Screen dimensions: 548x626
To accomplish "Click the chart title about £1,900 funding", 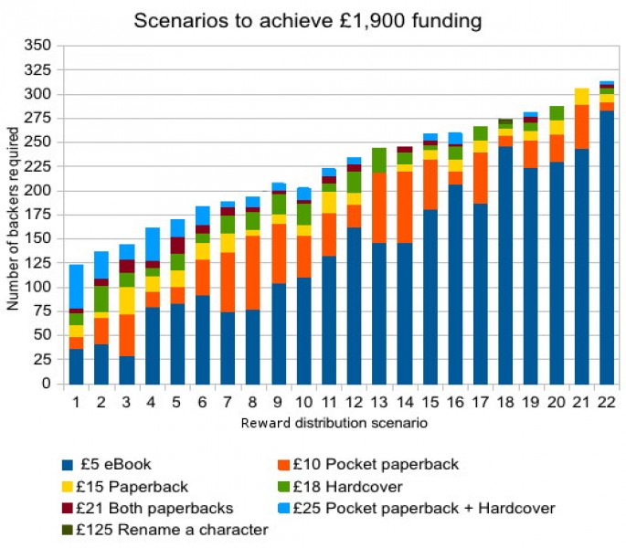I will pos(307,19).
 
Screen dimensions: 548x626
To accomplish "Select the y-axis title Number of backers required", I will pos(14,214).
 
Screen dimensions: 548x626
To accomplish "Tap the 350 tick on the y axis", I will pos(41,46).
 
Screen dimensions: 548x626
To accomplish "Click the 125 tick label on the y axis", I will pos(41,263).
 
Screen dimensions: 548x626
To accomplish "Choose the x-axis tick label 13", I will pos(378,403).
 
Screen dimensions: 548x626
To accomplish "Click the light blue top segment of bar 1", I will pos(77,287).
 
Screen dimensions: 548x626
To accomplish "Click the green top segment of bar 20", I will pos(556,113).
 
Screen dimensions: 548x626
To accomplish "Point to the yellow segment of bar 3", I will pos(127,300).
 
